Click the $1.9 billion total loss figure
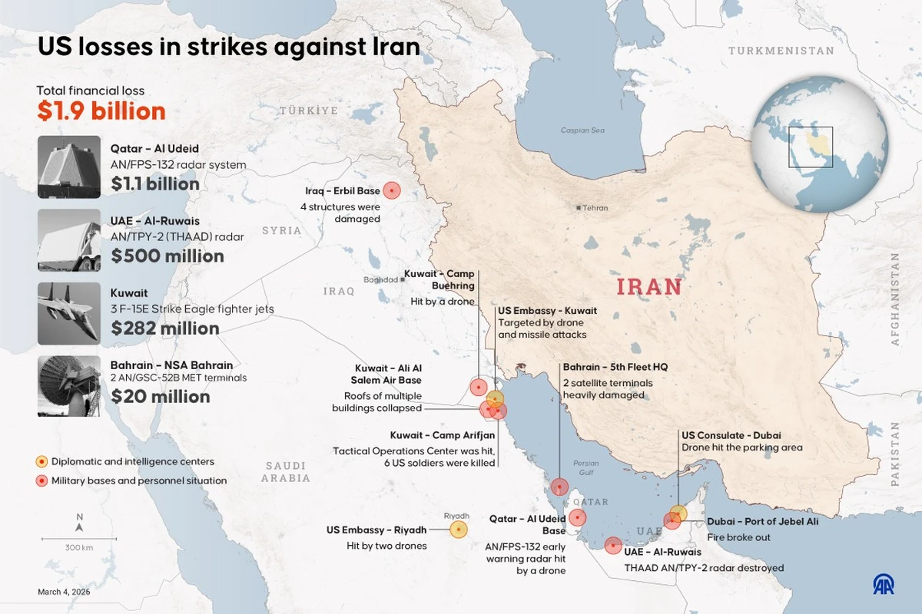tap(101, 111)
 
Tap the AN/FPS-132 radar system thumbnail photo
tap(69, 167)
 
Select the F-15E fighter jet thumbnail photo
tap(69, 313)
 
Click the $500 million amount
tap(167, 256)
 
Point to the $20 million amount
tap(161, 397)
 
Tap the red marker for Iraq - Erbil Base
tap(392, 190)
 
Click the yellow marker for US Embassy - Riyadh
tap(459, 529)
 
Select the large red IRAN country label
tap(649, 287)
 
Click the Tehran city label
tap(595, 208)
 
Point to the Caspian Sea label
tap(582, 130)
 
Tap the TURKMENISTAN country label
tap(781, 51)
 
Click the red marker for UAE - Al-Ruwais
tap(612, 546)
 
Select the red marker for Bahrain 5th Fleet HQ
tap(559, 487)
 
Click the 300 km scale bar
tap(79, 540)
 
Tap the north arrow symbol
tap(79, 524)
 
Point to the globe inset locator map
tap(820, 144)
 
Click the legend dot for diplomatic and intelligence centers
tap(41, 462)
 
